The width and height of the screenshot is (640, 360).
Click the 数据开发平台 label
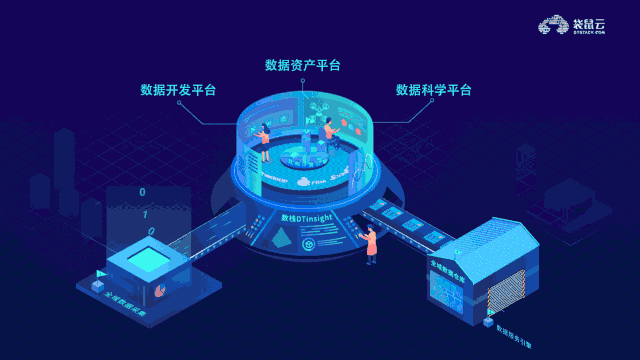pyautogui.click(x=179, y=90)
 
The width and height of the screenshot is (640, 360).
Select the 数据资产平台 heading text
pyautogui.click(x=303, y=66)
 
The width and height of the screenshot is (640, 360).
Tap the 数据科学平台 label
pyautogui.click(x=434, y=90)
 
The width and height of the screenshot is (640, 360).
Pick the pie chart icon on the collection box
pyautogui.click(x=161, y=291)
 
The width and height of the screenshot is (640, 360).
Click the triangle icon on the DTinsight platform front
pyautogui.click(x=283, y=237)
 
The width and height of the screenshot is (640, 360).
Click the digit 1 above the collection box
pyautogui.click(x=147, y=212)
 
